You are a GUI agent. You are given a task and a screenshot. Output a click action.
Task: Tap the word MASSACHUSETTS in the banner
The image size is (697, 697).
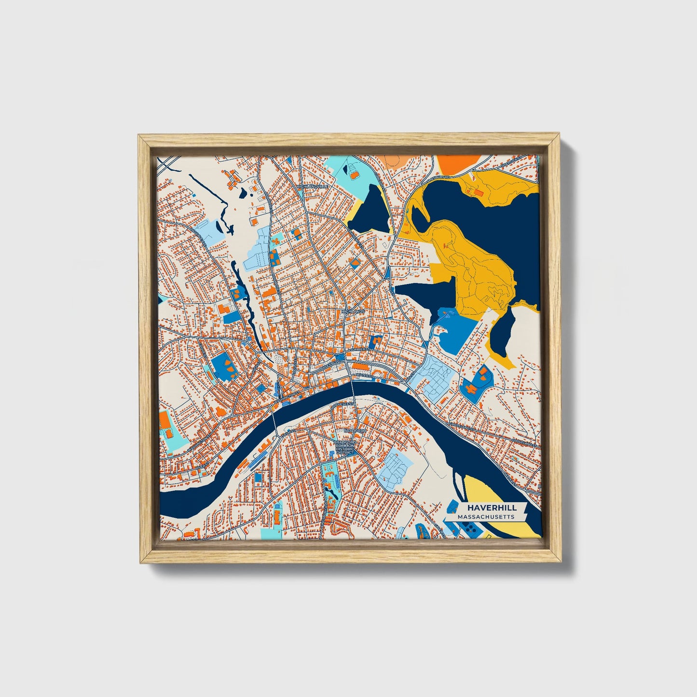[x=486, y=517]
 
